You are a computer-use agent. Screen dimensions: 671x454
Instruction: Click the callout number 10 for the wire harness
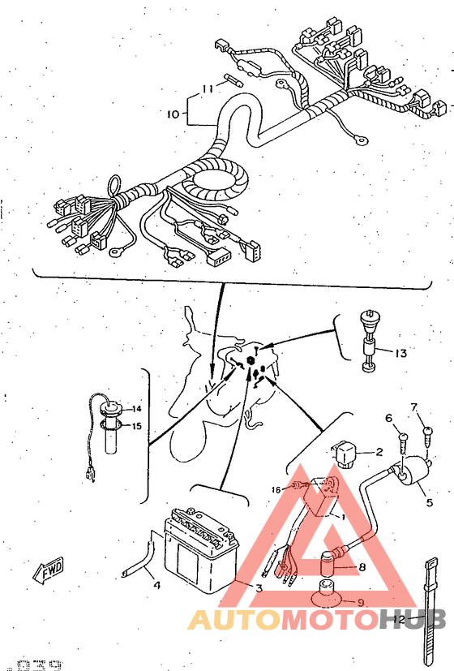[x=172, y=114]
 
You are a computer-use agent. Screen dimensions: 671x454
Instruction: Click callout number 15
[x=137, y=425]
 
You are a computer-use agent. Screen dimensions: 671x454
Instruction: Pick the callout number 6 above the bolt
[x=388, y=417]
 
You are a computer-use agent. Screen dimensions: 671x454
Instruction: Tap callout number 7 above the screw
[x=413, y=406]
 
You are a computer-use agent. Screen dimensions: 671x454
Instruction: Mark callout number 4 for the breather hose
[x=156, y=584]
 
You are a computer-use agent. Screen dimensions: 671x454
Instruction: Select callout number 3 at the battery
[x=259, y=587]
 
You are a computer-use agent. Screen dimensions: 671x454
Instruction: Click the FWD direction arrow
[x=48, y=570]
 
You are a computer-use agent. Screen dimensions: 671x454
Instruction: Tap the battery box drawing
[x=200, y=552]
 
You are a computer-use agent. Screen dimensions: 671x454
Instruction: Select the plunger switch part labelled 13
[x=369, y=341]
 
